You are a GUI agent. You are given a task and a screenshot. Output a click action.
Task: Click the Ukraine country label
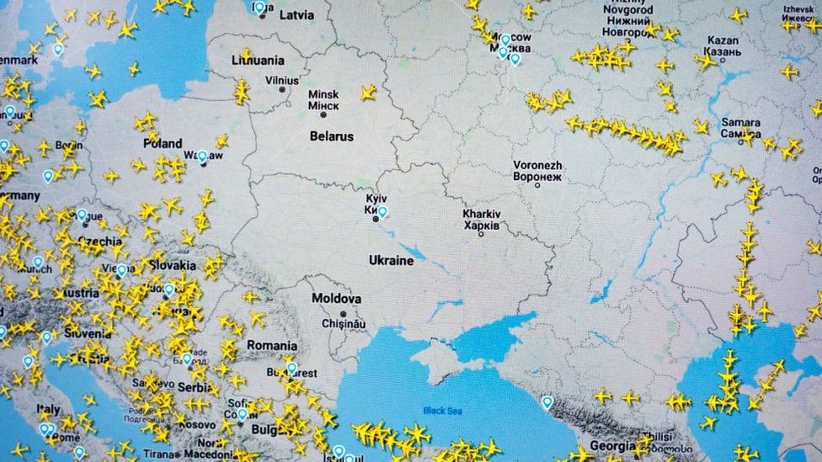pos(391,261)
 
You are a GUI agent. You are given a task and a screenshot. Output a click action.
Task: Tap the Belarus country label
pos(331,136)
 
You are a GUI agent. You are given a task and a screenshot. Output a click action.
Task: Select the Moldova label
pos(336,299)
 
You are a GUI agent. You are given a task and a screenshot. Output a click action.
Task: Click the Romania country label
pos(271,346)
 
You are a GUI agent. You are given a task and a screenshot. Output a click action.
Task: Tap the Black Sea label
pos(442,411)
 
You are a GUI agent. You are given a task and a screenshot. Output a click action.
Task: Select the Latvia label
pos(296,15)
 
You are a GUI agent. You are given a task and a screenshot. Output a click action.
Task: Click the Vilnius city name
pos(281,81)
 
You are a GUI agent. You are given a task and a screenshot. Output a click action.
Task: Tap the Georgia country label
pos(612,446)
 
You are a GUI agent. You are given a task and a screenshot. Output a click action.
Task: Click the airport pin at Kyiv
pos(382,212)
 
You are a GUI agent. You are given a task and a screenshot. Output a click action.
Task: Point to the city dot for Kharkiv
pos(481,233)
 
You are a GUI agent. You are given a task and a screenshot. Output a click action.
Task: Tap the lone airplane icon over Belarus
pos(368,93)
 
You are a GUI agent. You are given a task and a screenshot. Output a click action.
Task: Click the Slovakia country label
pos(172,265)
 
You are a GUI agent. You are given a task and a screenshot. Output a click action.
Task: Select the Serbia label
pos(194,387)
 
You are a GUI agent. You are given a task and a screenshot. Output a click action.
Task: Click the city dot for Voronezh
pos(537,185)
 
